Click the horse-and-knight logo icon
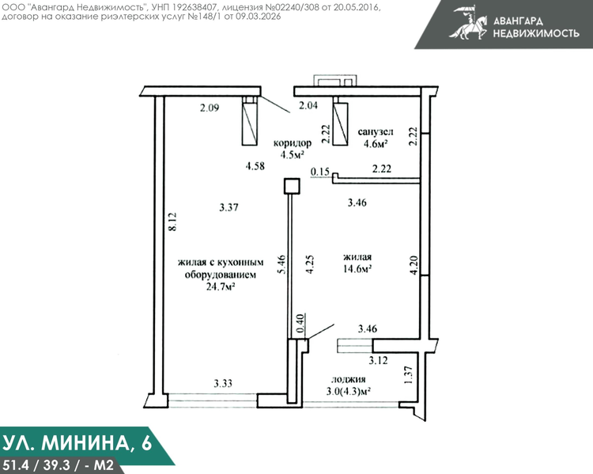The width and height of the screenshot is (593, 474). point(468,22)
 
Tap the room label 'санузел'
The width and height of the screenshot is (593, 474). point(375,131)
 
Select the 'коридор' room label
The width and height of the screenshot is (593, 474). point(293,142)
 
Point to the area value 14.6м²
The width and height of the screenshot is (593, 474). point(357,269)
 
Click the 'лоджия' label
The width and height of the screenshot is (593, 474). point(349,380)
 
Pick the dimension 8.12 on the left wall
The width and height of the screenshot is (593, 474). point(172,222)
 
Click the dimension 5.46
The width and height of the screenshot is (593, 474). point(281,264)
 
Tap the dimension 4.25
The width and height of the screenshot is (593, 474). point(310,264)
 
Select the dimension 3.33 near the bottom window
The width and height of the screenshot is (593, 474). point(223,384)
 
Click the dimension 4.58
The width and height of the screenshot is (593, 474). point(255,166)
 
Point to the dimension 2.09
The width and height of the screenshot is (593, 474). point(210,108)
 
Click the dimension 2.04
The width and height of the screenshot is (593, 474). point(308,105)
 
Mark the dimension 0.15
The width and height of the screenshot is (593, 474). point(320,172)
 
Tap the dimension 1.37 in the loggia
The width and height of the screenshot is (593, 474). point(409,375)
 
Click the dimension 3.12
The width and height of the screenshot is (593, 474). point(378,360)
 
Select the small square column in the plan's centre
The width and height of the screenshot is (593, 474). point(292,186)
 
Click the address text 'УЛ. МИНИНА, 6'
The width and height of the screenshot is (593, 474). point(77,442)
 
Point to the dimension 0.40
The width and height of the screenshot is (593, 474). point(300,324)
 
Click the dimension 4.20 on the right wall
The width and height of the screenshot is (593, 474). point(414,265)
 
